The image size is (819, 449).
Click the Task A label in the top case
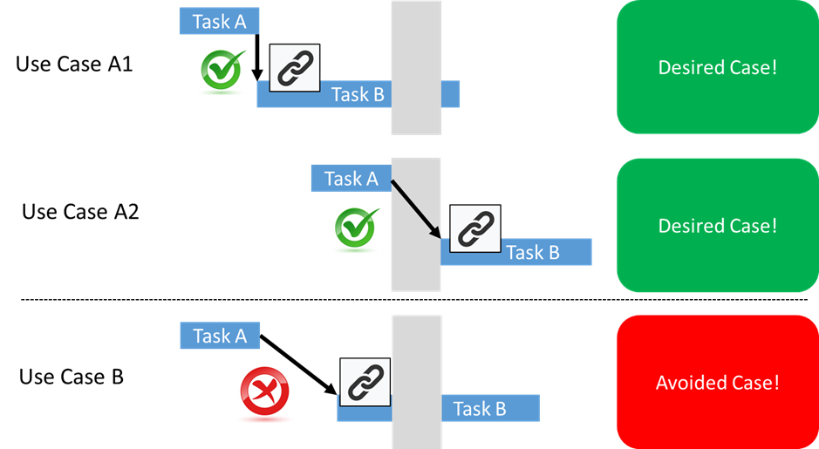click(219, 22)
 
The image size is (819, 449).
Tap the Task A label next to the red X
click(220, 336)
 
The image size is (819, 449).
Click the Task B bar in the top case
click(358, 94)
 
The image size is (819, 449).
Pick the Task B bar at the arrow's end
click(532, 253)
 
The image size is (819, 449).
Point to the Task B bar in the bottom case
click(479, 408)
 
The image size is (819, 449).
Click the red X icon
click(266, 393)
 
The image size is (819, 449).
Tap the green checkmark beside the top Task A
click(224, 72)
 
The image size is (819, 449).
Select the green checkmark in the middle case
click(358, 231)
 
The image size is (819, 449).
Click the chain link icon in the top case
click(295, 70)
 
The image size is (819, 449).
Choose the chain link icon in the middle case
click(474, 229)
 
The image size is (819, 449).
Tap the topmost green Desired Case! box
click(717, 67)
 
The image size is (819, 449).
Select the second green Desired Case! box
click(717, 225)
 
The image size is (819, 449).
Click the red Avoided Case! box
click(717, 382)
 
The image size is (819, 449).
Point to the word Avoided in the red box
click(689, 383)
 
